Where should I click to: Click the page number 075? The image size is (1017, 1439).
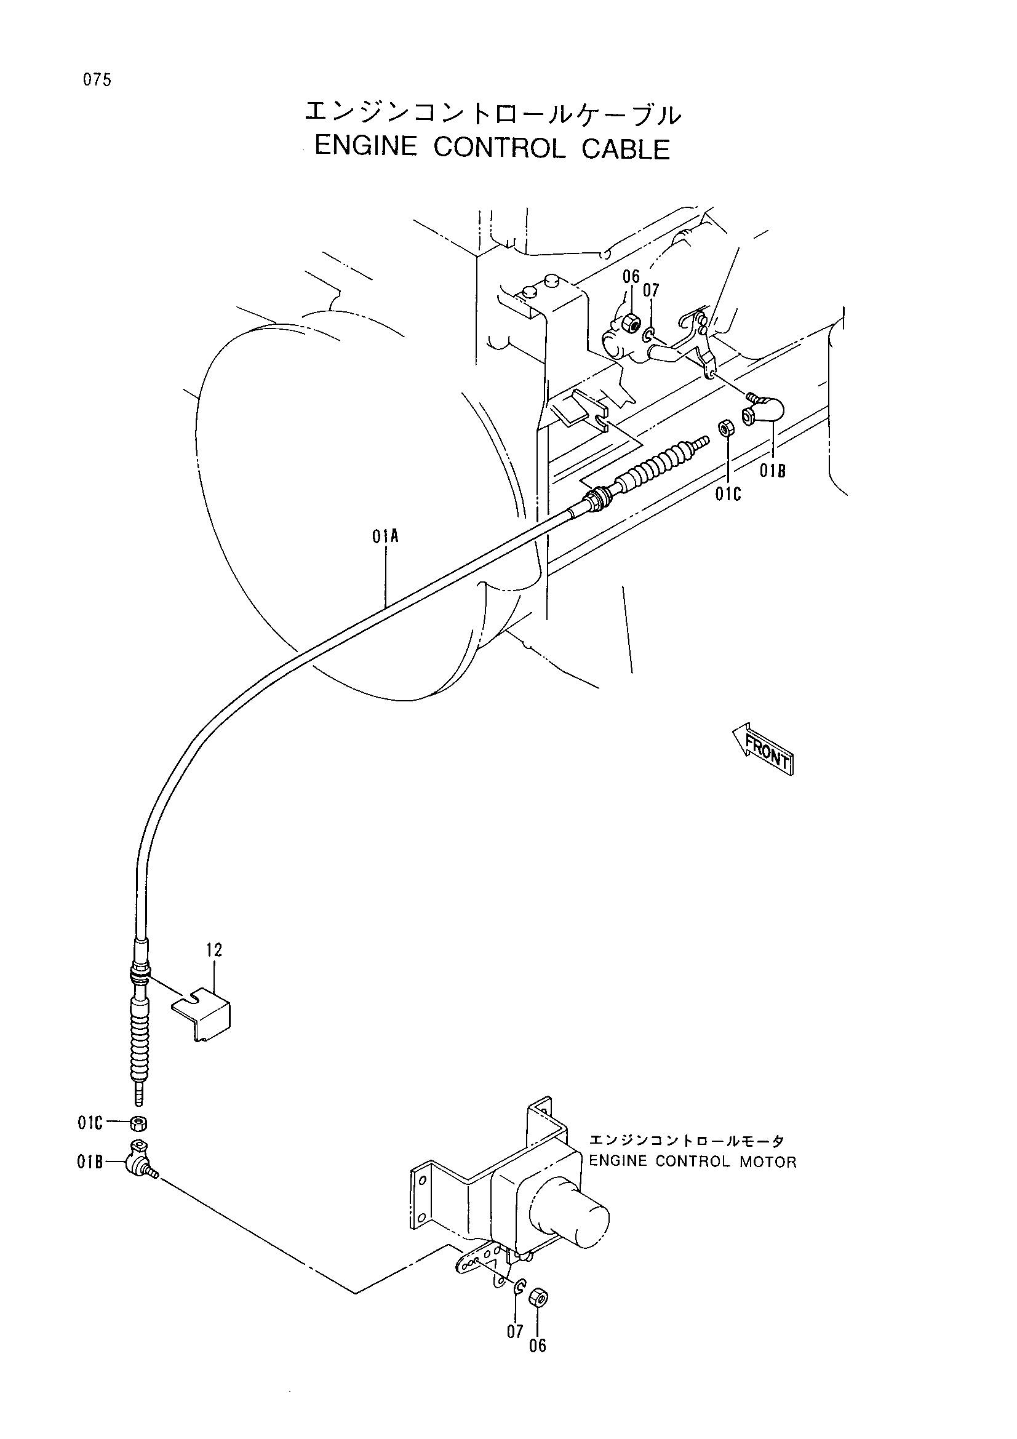pos(96,80)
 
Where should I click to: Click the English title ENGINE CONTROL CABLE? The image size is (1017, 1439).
pos(493,148)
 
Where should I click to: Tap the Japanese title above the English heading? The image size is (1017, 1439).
pos(492,113)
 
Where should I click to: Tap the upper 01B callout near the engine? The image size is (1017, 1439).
pos(773,471)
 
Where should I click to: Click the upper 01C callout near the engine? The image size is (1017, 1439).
pos(728,495)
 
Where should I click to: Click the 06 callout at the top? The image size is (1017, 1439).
pos(631,276)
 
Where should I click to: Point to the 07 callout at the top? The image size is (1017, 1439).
pos(651,290)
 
